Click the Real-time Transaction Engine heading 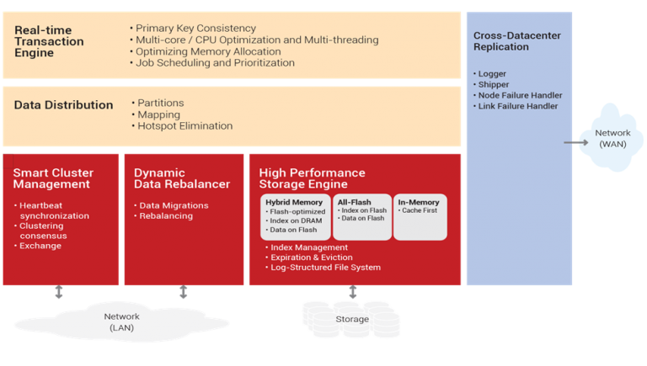click(x=49, y=41)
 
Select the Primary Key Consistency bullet click(x=193, y=28)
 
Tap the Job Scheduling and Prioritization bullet click(x=212, y=62)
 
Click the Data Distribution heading click(x=63, y=104)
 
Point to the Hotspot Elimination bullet click(x=182, y=125)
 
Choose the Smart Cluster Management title click(x=53, y=178)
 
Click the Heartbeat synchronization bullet click(x=51, y=210)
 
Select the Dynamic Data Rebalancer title click(x=182, y=178)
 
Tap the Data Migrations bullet click(x=171, y=205)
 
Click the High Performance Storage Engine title click(x=312, y=178)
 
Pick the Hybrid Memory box click(x=296, y=217)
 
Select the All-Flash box click(x=362, y=217)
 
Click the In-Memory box click(x=420, y=217)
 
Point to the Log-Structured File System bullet click(x=323, y=267)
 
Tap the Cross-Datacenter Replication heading click(x=517, y=41)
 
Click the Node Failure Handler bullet click(x=518, y=95)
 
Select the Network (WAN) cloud click(x=612, y=138)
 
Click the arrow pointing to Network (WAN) click(x=576, y=142)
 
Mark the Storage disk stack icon click(x=351, y=320)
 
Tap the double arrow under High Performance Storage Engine click(x=352, y=292)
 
